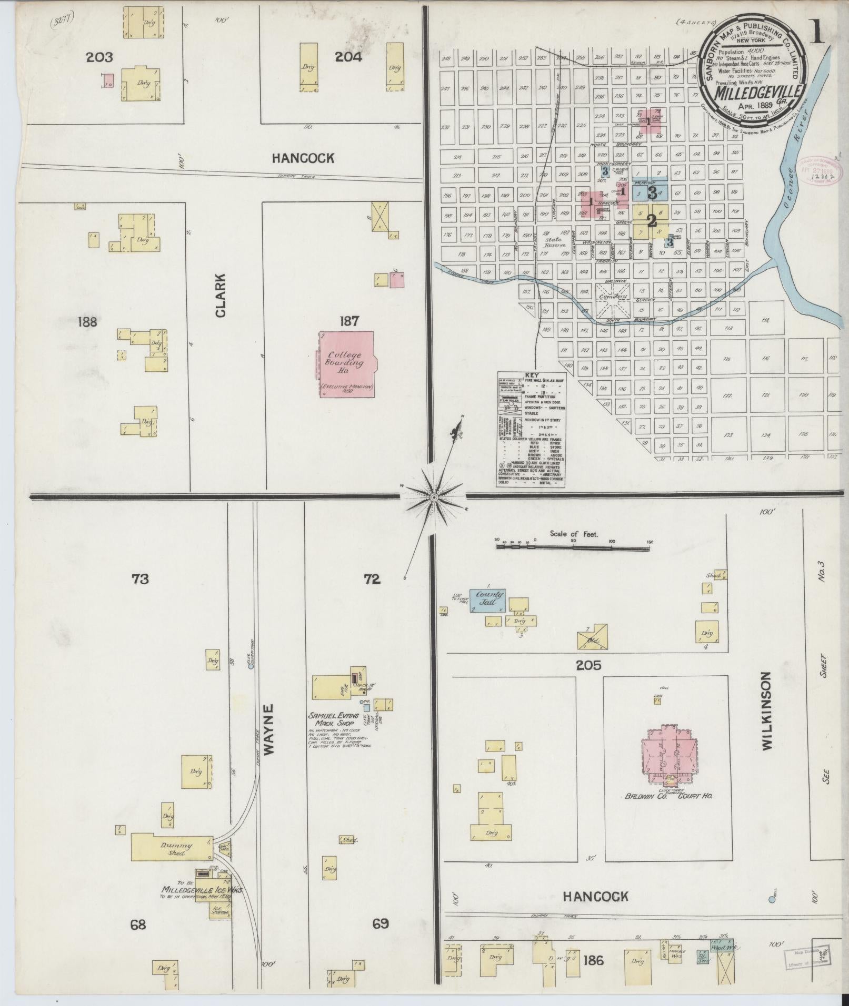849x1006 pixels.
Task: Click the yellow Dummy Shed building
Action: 172,848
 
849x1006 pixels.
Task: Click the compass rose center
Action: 434,497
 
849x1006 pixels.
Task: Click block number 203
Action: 99,57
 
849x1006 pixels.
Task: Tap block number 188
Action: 87,321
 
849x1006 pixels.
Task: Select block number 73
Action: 141,579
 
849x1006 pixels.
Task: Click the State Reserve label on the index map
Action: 556,242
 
